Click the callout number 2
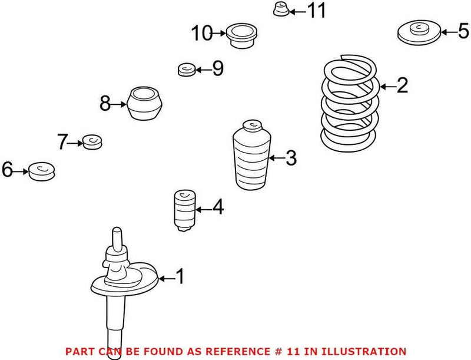402,87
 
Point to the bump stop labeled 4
185,210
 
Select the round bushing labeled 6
42,171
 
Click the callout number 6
7,171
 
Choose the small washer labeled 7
92,142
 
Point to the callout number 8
105,105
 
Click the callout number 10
201,34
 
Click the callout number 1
180,276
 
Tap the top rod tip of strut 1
117,230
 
